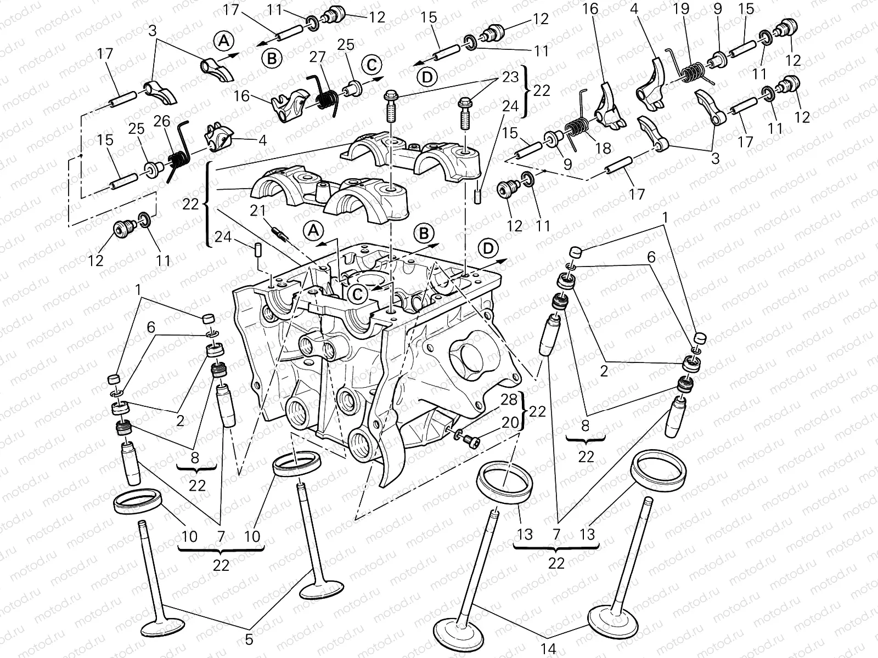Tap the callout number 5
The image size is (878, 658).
click(249, 639)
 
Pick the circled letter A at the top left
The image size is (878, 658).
click(223, 40)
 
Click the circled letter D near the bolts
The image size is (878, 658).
click(427, 78)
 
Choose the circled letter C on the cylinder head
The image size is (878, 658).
click(357, 294)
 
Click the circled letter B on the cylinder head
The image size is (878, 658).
click(424, 234)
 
